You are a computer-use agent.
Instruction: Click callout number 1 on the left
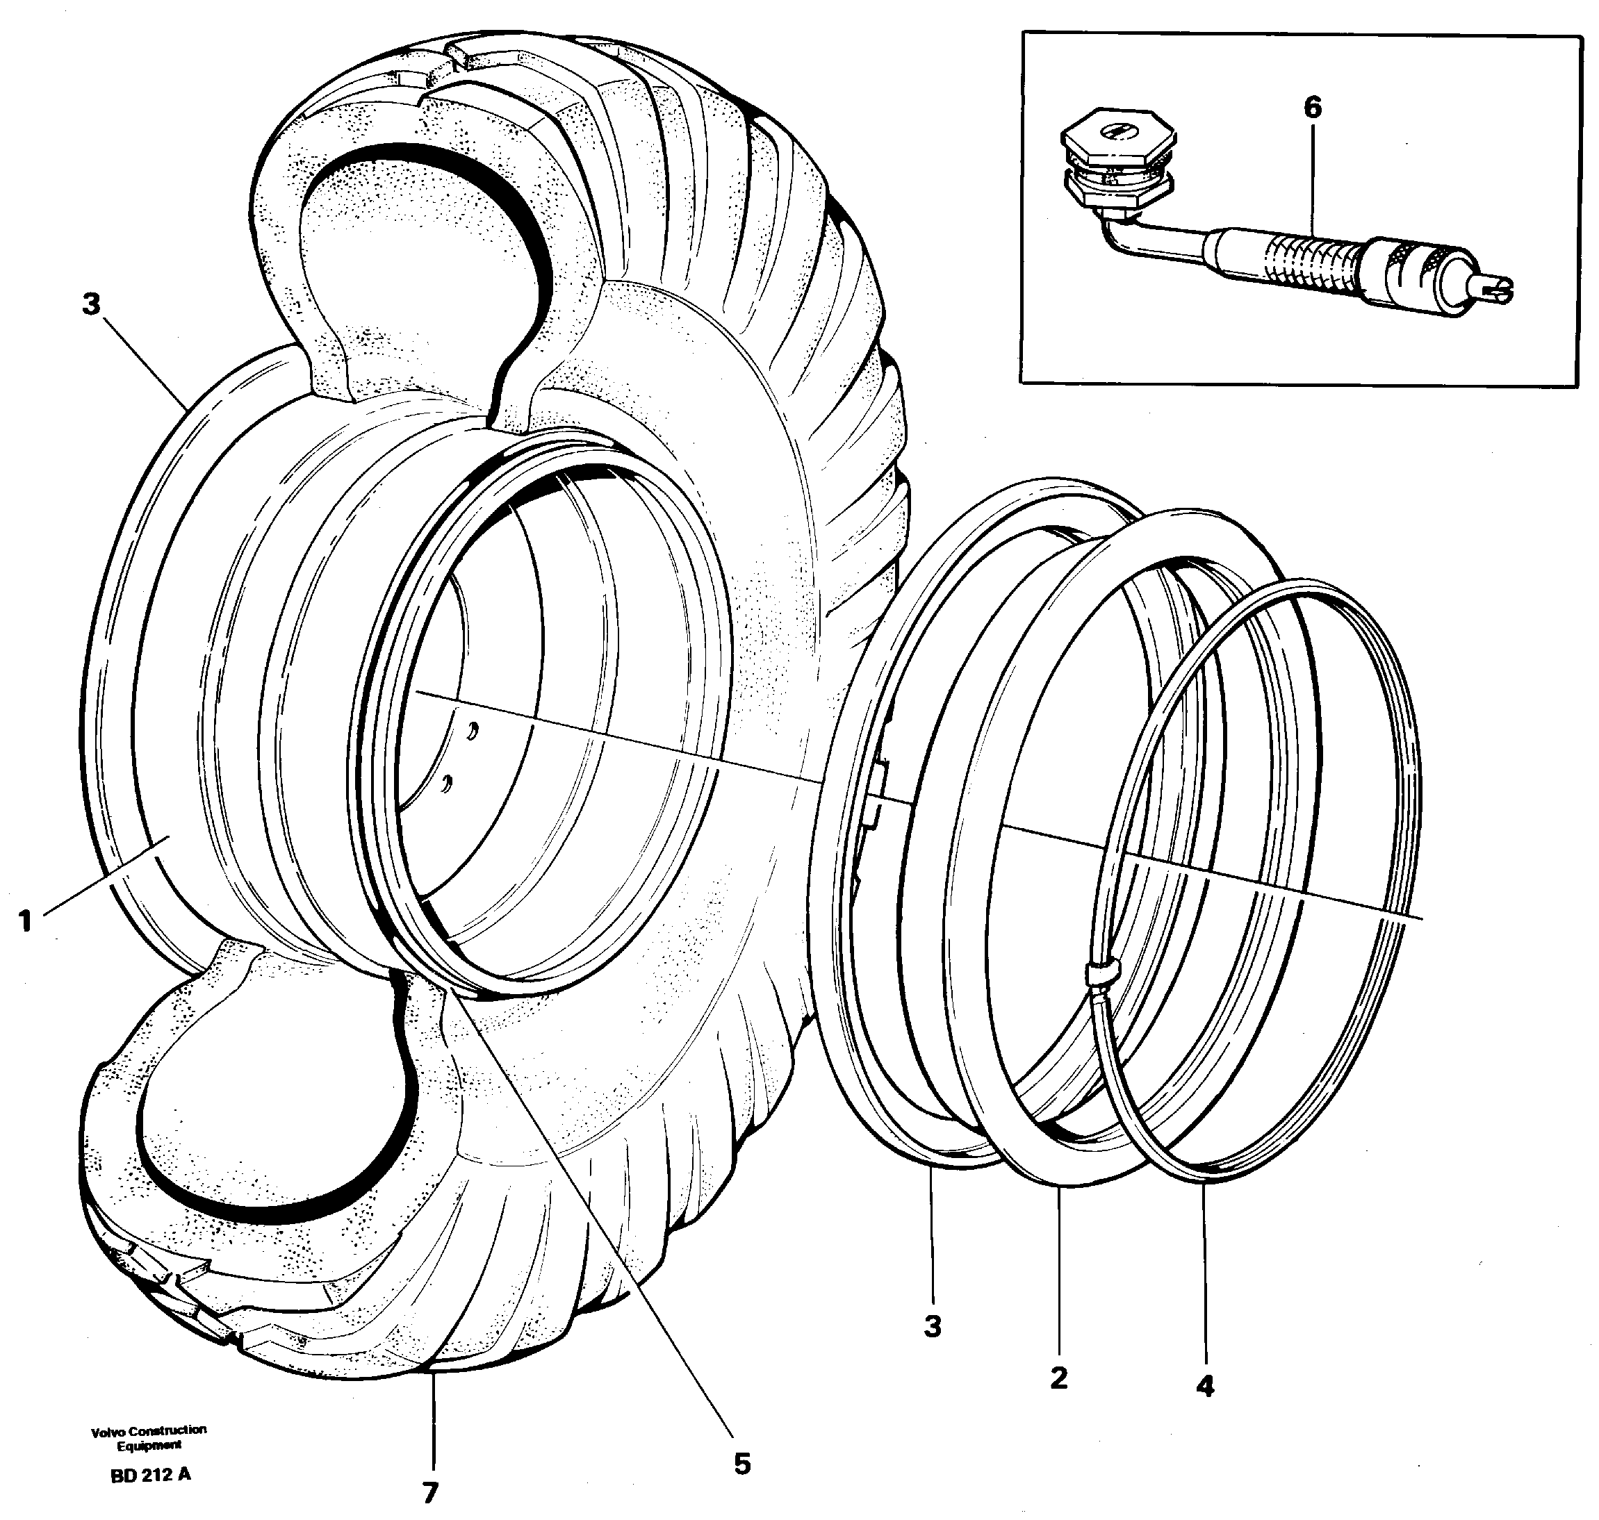point(26,921)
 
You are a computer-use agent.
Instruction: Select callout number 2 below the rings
point(1058,1378)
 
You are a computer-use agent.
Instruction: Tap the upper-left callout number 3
point(91,305)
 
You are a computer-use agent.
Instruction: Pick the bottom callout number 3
point(932,1326)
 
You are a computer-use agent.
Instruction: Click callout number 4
point(1204,1387)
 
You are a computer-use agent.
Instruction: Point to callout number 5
point(742,1463)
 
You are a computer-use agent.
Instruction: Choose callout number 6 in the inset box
point(1312,107)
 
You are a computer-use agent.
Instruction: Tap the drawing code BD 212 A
point(151,1475)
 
